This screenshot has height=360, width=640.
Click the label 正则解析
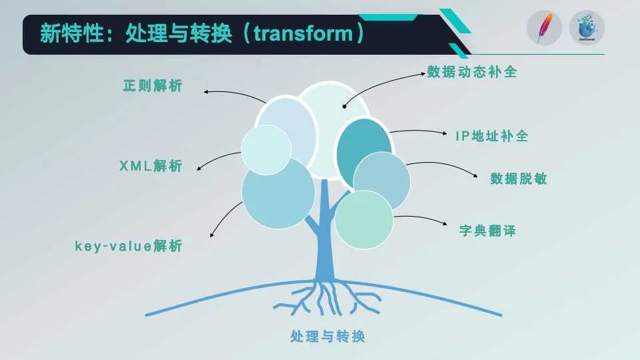pos(153,86)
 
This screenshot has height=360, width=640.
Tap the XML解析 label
pos(151,166)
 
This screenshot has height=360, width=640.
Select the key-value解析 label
pos(129,246)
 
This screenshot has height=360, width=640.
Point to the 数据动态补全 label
pos(472,72)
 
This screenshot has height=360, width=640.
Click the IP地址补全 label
pos(492,136)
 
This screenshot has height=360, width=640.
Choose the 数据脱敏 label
pos(519,179)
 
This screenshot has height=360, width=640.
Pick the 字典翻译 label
pos(487,231)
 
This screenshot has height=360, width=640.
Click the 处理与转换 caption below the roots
pos(327,336)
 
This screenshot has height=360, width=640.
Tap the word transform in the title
pos(303,33)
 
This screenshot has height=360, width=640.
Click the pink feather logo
pos(545,28)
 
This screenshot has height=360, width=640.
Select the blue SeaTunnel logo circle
pos(587,28)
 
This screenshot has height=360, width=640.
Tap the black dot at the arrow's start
pos(345,107)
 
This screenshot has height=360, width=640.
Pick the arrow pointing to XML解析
pos(217,157)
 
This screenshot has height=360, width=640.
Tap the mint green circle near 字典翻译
pos(364,219)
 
